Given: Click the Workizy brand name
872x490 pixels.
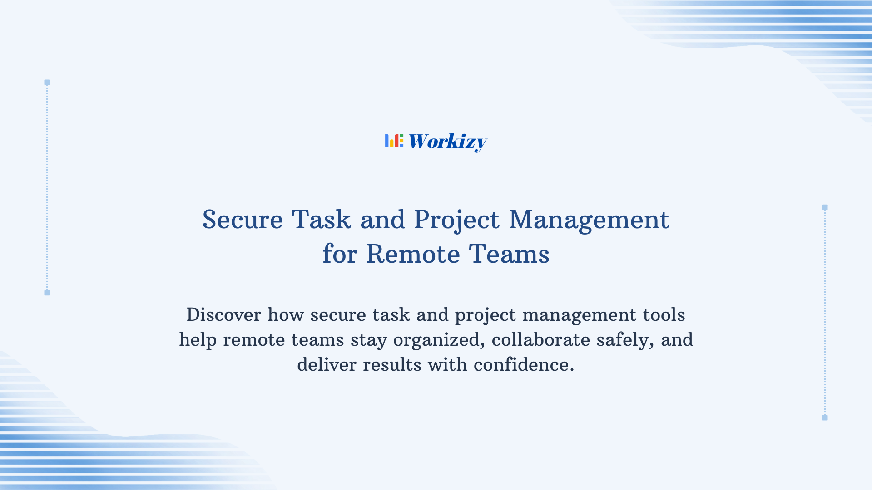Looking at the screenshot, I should click(x=447, y=142).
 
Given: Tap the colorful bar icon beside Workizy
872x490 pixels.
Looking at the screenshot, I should click(x=394, y=141).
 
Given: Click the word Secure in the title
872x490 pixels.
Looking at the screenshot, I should click(x=243, y=220).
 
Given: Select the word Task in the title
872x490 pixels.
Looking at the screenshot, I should click(x=321, y=220).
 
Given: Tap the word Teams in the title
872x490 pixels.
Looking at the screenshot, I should click(x=509, y=254).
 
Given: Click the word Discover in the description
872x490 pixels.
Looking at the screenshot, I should click(x=223, y=315).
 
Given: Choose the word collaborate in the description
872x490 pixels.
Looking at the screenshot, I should click(x=540, y=340).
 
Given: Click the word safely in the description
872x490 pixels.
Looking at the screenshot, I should click(x=625, y=340).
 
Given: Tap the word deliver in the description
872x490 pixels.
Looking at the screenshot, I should click(x=327, y=365).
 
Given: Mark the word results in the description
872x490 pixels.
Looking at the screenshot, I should click(x=392, y=365).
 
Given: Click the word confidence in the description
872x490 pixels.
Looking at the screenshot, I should click(x=523, y=365).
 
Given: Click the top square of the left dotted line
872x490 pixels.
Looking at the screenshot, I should click(x=47, y=83).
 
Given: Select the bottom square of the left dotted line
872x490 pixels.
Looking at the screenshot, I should click(x=47, y=293).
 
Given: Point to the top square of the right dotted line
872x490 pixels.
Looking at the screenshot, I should click(x=825, y=207).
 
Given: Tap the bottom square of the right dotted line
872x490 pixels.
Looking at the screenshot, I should click(x=825, y=417).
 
